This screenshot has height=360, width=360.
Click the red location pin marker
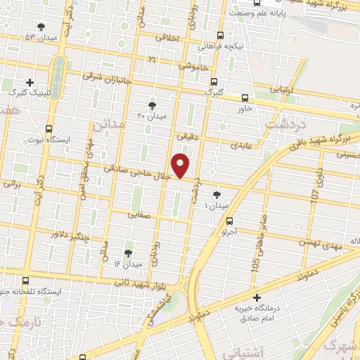click(x=181, y=166)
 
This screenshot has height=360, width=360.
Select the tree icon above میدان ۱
click(x=216, y=195)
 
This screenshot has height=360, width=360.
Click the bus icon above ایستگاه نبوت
click(x=48, y=129)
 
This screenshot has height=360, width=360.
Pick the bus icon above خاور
click(x=245, y=98)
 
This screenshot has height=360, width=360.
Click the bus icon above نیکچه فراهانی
click(x=221, y=35)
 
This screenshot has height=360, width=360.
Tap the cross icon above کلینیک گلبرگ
click(x=30, y=82)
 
